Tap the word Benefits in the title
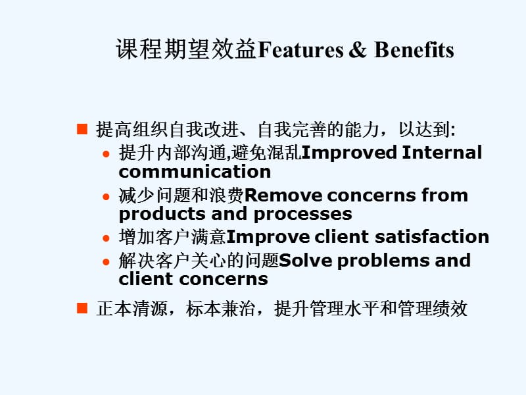pyautogui.click(x=414, y=50)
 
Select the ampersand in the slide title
pyautogui.click(x=357, y=50)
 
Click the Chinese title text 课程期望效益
pyautogui.click(x=186, y=50)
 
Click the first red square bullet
pyautogui.click(x=82, y=129)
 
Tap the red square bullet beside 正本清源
pyautogui.click(x=82, y=308)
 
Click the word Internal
pyautogui.click(x=442, y=153)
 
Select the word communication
pyautogui.click(x=195, y=172)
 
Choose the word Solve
pyautogui.click(x=303, y=260)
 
